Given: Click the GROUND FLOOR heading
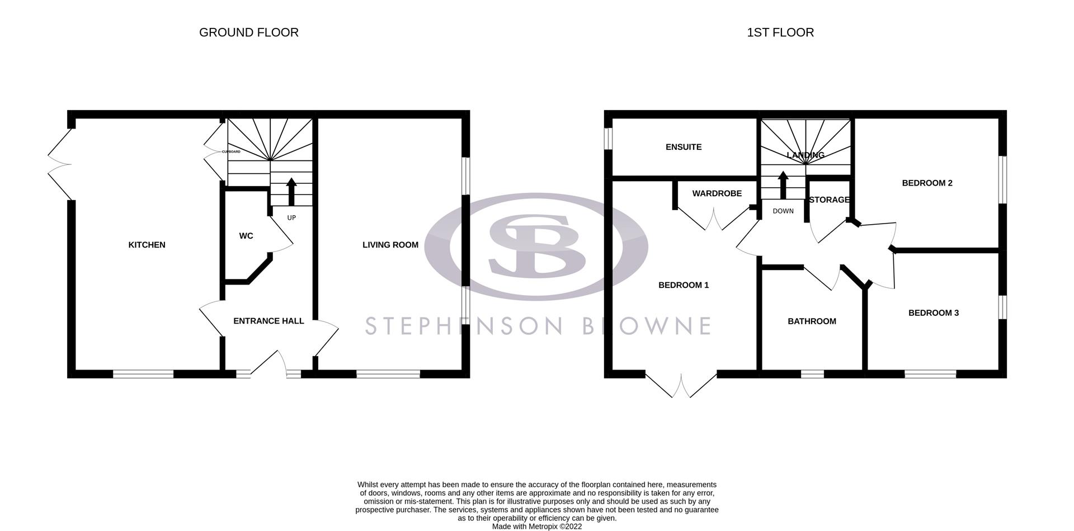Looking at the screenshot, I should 248,32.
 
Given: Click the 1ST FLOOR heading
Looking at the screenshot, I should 780,32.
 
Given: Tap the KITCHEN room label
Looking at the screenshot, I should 147,245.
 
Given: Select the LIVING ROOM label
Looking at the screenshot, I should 390,245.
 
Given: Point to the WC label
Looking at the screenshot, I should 246,236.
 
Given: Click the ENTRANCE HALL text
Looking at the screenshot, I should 268,321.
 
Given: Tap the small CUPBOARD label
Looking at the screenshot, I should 231,152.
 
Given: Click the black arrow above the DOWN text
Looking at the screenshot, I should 783,185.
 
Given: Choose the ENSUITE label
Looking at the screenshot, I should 683,147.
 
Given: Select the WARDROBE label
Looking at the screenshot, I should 717,193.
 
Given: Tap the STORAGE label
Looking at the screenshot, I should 829,200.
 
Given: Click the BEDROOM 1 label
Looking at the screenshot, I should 683,285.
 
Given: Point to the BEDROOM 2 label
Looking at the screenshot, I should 927,183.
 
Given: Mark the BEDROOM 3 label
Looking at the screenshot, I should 933,313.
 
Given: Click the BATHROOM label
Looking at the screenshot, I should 812,321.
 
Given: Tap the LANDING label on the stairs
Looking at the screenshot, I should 805,155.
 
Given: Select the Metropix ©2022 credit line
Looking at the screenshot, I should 536,527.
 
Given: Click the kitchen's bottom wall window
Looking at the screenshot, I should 143,374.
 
